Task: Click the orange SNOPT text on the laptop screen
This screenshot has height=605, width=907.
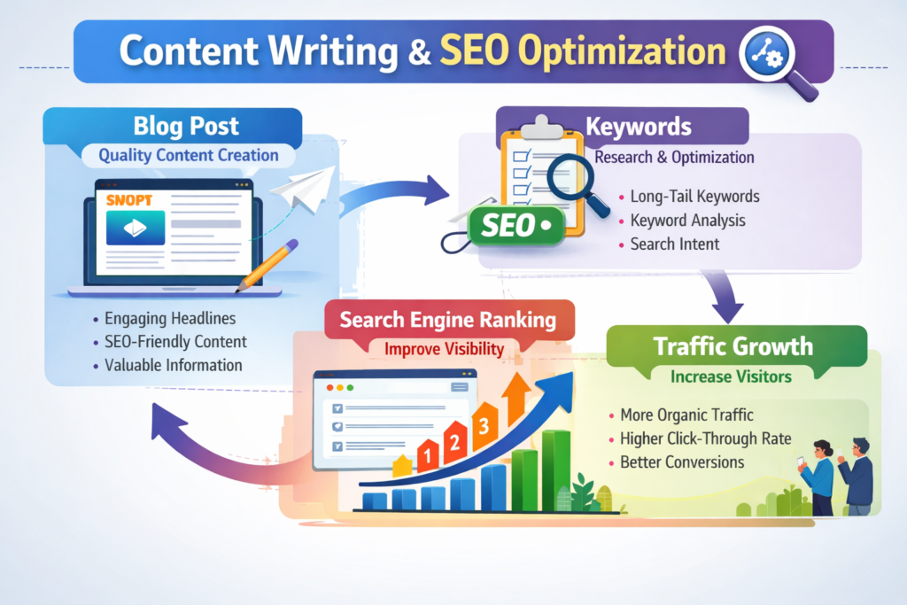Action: pyautogui.click(x=131, y=200)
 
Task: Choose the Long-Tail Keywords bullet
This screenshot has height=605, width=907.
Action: pyautogui.click(x=694, y=197)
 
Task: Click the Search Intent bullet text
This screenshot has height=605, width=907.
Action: pyautogui.click(x=674, y=243)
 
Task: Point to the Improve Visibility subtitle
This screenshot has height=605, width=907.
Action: pyautogui.click(x=444, y=348)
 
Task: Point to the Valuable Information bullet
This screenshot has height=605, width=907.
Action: pyautogui.click(x=173, y=364)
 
